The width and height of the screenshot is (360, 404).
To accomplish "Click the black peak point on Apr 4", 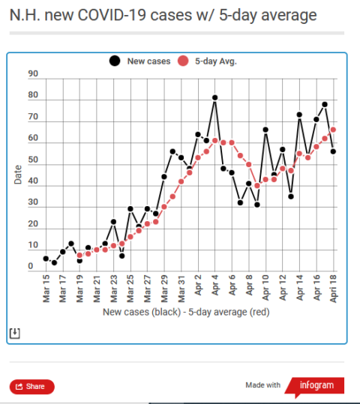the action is click(214, 97).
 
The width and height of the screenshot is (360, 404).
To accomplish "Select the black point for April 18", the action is click(333, 151).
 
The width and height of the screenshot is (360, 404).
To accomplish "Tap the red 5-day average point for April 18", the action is click(333, 130).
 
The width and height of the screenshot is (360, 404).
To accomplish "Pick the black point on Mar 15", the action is click(46, 259).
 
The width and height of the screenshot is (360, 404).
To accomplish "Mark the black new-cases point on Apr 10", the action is click(265, 130).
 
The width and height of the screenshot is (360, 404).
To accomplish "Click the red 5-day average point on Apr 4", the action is click(214, 141).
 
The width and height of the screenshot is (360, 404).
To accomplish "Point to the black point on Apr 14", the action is click(299, 115).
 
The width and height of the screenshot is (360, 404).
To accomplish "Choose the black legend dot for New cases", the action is click(115, 61).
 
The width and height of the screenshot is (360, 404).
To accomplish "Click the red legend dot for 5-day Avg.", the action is click(183, 61).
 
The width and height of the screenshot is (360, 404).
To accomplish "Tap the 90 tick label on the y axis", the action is click(33, 73).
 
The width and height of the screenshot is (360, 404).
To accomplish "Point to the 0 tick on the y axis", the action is click(31, 266).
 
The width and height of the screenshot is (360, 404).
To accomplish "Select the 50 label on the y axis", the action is click(33, 160).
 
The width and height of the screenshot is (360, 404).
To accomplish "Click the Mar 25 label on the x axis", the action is click(130, 289).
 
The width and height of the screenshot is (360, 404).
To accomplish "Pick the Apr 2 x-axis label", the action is click(198, 285).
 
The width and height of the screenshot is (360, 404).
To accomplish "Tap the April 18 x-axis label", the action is click(333, 289).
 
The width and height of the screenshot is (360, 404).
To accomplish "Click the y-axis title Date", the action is click(18, 175).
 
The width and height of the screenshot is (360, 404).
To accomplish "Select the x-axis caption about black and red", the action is click(186, 312).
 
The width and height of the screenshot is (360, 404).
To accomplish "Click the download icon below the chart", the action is click(15, 333).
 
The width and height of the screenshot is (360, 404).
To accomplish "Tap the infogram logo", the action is click(316, 386).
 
